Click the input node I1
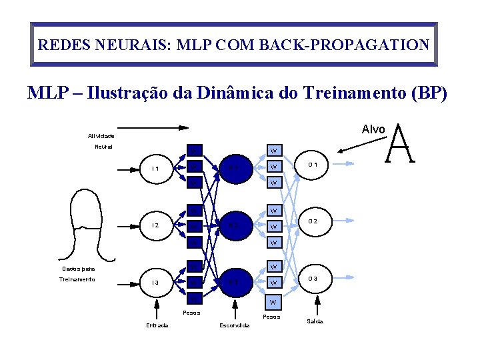[x=155, y=168]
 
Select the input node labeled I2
[x=155, y=225]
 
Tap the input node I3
[x=155, y=283]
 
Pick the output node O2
[x=316, y=221]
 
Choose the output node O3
[x=316, y=278]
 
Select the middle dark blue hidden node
[x=233, y=225]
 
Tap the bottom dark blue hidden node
[x=233, y=283]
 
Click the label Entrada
[x=157, y=325]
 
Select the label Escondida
[x=235, y=325]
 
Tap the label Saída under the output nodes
[x=315, y=321]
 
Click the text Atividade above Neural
[x=101, y=135]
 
